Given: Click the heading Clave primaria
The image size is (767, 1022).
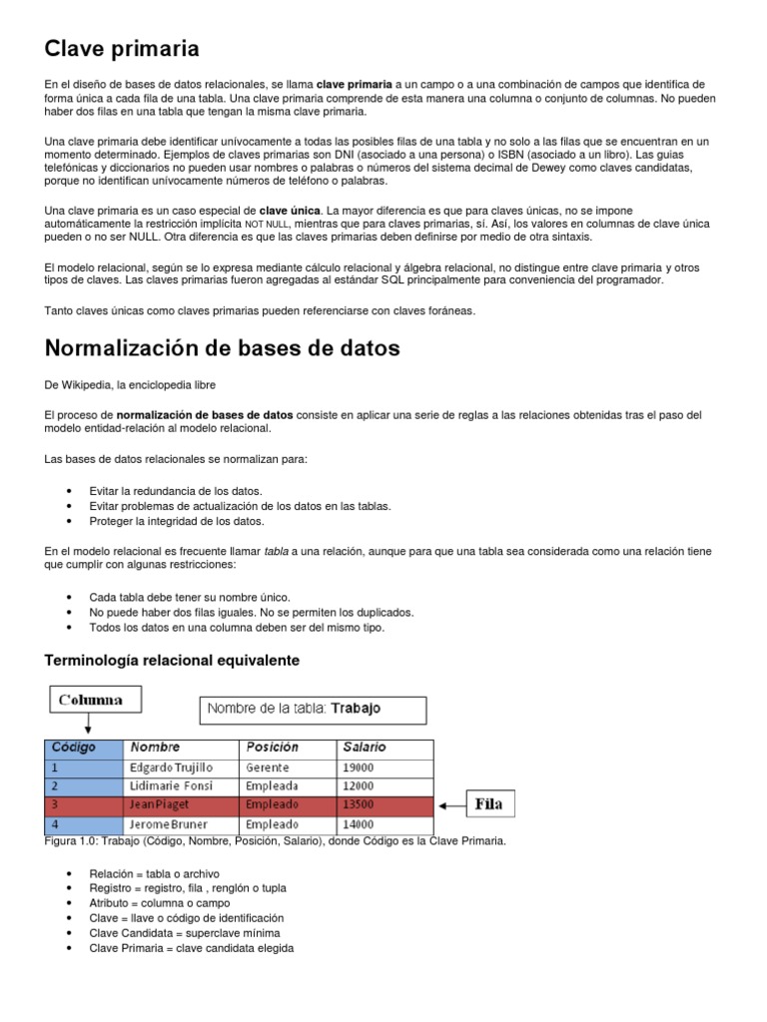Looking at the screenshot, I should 122,48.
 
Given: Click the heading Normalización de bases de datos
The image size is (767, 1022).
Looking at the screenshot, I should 222,348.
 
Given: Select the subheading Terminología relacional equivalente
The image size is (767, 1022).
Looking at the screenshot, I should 172,661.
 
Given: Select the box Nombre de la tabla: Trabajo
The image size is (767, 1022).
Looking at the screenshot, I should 314,710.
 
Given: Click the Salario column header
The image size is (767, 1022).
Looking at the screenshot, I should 365,748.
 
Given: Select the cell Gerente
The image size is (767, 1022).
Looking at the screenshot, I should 266,767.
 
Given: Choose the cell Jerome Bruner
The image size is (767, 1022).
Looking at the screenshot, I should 171,824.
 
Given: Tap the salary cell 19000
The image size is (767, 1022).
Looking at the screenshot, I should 361,767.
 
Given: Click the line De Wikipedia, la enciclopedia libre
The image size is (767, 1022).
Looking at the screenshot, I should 130,384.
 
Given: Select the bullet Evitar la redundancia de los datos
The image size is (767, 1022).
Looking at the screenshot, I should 176,491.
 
